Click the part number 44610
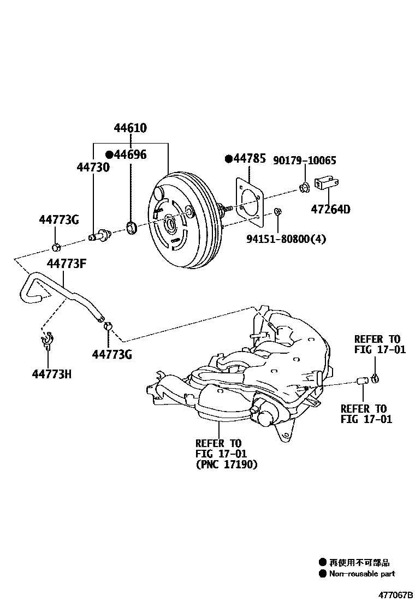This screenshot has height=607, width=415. point(130,129)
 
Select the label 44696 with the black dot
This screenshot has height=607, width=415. point(126,154)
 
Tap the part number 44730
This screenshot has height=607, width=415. point(93,168)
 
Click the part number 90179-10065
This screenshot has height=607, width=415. point(304,160)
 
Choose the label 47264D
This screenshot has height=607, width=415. point(331,209)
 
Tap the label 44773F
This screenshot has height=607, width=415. point(67,264)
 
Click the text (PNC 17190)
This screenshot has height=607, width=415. point(226,465)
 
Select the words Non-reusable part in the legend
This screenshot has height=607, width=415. point(361,574)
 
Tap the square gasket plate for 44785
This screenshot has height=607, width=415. point(251,201)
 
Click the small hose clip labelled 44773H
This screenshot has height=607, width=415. point(46,340)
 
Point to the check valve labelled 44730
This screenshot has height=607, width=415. point(100,236)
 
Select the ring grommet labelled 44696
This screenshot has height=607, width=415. point(131,227)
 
